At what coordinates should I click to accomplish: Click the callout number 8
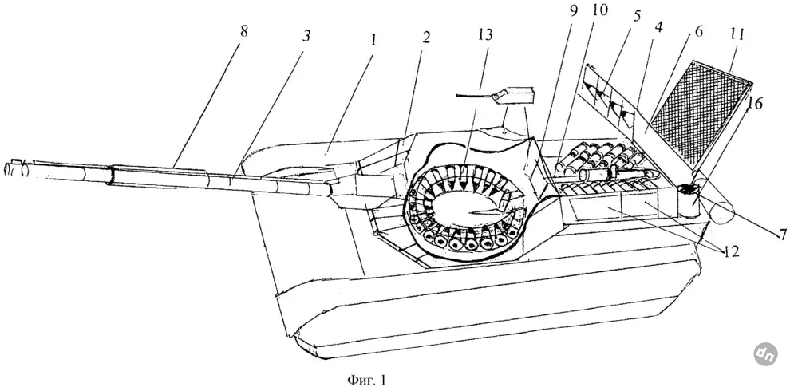(x=244, y=31)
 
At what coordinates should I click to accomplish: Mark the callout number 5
(x=638, y=16)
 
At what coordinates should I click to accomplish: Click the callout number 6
(x=698, y=31)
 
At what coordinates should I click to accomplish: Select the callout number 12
(x=729, y=251)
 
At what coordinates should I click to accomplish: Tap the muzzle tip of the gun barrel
(x=6, y=168)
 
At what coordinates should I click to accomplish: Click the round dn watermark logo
(x=765, y=353)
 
